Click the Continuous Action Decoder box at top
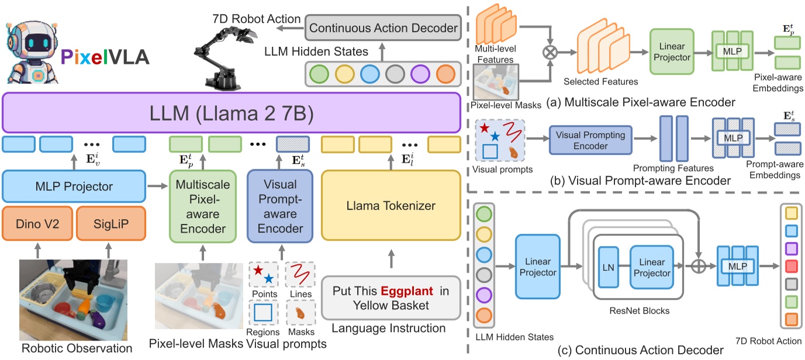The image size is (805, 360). [383, 27]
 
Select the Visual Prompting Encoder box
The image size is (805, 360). [590, 141]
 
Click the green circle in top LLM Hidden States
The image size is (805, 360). [319, 75]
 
